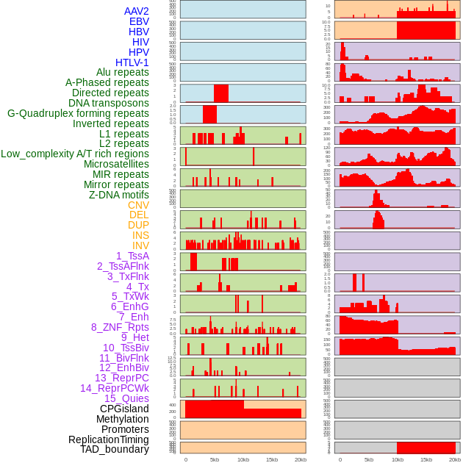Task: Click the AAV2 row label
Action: [x=136, y=11]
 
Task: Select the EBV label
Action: [x=139, y=21]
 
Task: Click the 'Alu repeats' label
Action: [x=122, y=72]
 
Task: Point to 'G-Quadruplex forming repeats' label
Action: [x=78, y=113]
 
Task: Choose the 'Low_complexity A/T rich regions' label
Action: [x=75, y=154]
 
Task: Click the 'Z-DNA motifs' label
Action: [x=118, y=195]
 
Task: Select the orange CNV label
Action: [x=138, y=205]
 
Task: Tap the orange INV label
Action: [x=140, y=245]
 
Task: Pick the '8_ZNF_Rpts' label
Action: [x=120, y=327]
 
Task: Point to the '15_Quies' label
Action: [x=126, y=398]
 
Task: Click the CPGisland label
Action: [x=124, y=409]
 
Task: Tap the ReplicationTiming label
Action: [x=108, y=439]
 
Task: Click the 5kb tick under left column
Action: [x=215, y=459]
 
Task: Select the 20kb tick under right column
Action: [x=455, y=459]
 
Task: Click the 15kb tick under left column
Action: [x=272, y=459]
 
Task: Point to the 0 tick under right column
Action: [x=340, y=459]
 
